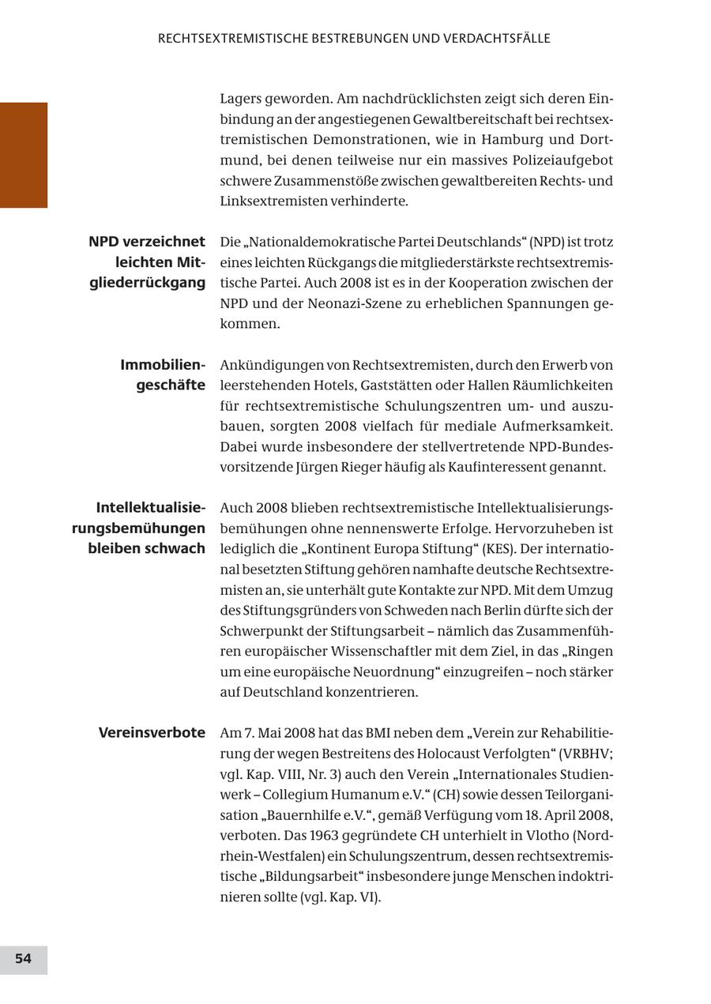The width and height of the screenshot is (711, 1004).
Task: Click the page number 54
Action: click(23, 959)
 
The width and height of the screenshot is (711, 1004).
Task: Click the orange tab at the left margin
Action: click(24, 155)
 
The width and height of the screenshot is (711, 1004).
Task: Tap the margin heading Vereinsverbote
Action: click(152, 733)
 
